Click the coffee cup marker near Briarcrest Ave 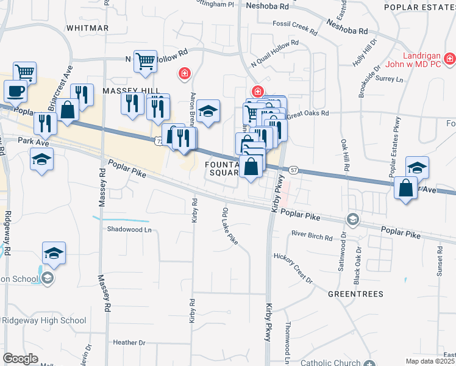pyautogui.click(x=15, y=91)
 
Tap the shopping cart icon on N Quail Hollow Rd pyautogui.click(x=145, y=61)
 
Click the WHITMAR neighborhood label pyautogui.click(x=87, y=28)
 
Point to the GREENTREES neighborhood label pyautogui.click(x=355, y=293)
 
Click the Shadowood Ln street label pyautogui.click(x=128, y=230)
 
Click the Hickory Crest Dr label pyautogui.click(x=293, y=268)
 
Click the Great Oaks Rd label pyautogui.click(x=308, y=113)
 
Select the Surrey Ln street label pyautogui.click(x=390, y=79)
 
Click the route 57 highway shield pyautogui.click(x=294, y=169)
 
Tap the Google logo pyautogui.click(x=20, y=359)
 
